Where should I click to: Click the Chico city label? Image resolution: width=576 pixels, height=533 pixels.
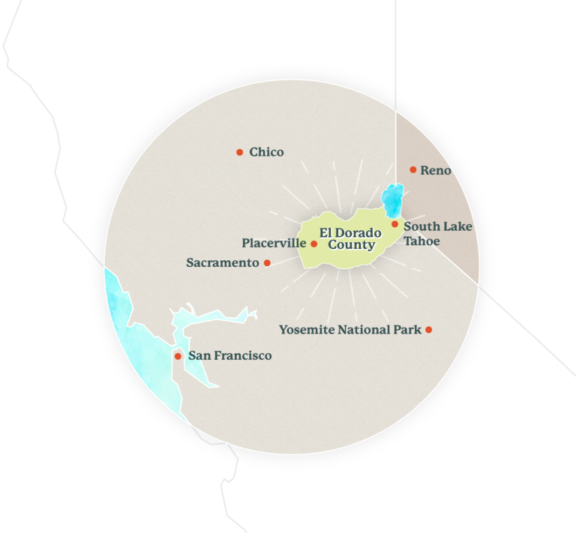click(266, 152)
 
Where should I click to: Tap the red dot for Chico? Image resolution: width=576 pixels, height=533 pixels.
click(240, 152)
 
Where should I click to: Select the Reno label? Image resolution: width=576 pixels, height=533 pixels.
click(436, 170)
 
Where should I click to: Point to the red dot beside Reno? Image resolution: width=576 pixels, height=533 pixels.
click(413, 169)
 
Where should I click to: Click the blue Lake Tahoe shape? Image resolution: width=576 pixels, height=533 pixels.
click(391, 198)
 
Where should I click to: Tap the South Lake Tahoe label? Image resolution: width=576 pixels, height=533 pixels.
click(437, 233)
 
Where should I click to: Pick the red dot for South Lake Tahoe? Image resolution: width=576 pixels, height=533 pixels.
click(395, 224)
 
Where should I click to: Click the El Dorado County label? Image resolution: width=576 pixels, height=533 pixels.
click(350, 238)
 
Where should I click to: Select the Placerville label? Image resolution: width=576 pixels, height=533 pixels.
click(274, 244)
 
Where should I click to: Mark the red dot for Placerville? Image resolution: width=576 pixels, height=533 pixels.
click(314, 244)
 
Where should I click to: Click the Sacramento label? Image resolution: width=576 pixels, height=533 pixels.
click(222, 263)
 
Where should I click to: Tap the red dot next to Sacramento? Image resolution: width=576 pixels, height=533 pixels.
click(267, 263)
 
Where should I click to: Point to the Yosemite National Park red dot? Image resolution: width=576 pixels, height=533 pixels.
click(429, 330)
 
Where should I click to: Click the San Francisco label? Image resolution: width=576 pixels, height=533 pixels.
click(229, 356)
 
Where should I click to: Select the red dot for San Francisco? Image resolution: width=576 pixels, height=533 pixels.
click(178, 356)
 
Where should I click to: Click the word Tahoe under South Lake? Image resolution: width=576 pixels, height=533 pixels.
click(421, 241)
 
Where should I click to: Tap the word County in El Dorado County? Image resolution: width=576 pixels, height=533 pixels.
click(351, 245)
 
